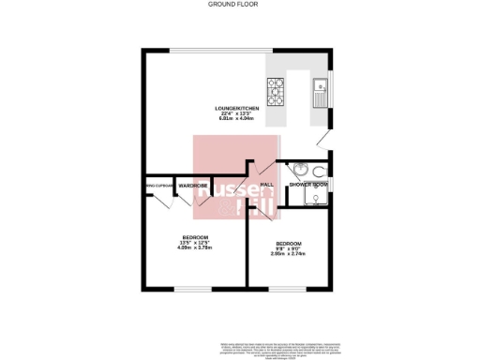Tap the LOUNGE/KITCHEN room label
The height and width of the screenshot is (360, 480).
pyautogui.click(x=231, y=109)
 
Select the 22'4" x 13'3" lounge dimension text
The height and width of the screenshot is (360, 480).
pyautogui.click(x=232, y=114)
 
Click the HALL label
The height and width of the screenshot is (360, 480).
pyautogui.click(x=267, y=185)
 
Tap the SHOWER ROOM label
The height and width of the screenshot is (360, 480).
pyautogui.click(x=307, y=185)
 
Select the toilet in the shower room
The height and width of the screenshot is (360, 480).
pyautogui.click(x=321, y=171)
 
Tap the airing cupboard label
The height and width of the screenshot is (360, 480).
pyautogui.click(x=159, y=185)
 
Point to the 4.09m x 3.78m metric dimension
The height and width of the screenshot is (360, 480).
pyautogui.click(x=194, y=247)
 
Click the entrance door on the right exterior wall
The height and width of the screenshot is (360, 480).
pyautogui.click(x=322, y=138)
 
